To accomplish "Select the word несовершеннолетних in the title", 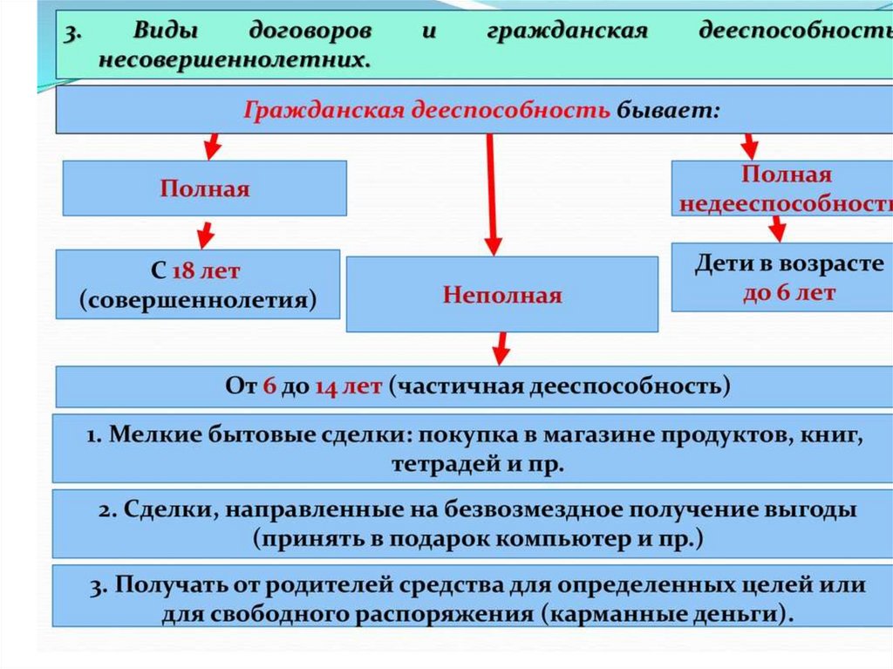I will click(233, 61).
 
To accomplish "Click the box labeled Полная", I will click(204, 188).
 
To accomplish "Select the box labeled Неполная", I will click(501, 294).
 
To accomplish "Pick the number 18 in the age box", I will click(183, 270).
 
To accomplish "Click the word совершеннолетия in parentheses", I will click(197, 300).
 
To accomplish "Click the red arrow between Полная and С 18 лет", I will click(204, 234).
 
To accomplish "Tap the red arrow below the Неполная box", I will click(500, 348).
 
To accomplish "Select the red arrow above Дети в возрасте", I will click(776, 229).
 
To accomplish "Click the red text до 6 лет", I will click(788, 292).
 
